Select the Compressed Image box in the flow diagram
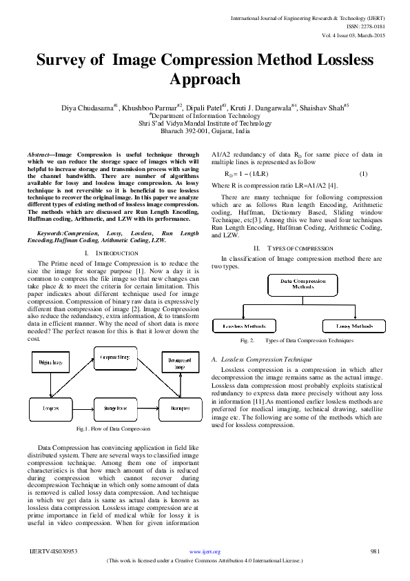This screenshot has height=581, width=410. (115, 357)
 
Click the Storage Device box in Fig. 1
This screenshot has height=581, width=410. (115, 408)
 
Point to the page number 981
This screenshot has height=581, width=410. (376, 551)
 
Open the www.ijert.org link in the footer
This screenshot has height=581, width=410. (205, 552)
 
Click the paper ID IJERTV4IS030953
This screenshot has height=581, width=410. (53, 551)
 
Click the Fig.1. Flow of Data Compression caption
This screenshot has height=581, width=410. (114, 429)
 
